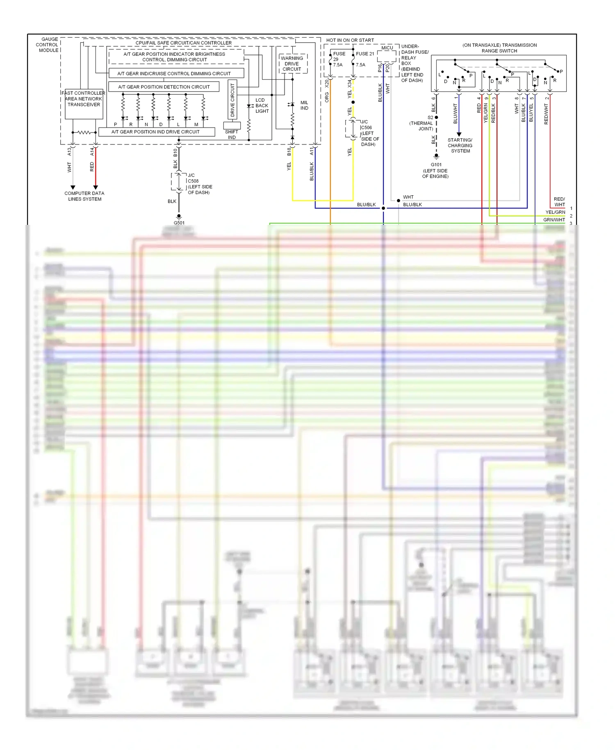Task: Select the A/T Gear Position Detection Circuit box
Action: [164, 87]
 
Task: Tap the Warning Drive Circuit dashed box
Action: [292, 64]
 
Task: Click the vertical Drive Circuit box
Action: [232, 100]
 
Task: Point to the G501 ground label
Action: [179, 223]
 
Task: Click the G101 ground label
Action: [436, 165]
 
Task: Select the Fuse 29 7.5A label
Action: [338, 59]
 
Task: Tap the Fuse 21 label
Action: [364, 54]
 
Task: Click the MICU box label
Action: [387, 48]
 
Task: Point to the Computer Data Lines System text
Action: [84, 196]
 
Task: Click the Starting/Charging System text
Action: [460, 146]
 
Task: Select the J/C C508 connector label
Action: [199, 183]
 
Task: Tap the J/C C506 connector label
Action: [369, 133]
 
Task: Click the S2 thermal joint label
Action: [422, 123]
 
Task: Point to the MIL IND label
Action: [304, 105]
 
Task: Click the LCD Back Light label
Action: [262, 105]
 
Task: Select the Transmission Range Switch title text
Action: [499, 48]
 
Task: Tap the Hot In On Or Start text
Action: [350, 40]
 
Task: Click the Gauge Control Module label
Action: [48, 45]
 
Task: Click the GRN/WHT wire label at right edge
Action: [554, 220]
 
